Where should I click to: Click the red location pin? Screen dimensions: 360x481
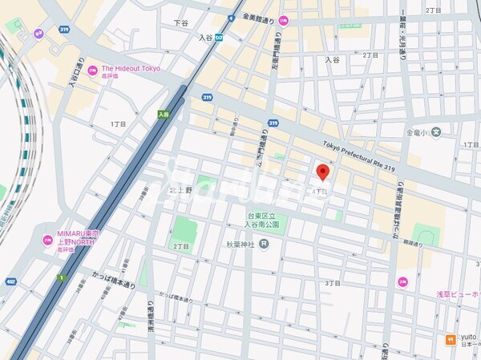(x=323, y=172)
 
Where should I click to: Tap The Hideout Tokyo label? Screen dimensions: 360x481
(x=130, y=69)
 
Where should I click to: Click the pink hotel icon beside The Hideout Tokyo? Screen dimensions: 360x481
(x=92, y=70)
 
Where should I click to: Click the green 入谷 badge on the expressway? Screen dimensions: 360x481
(x=164, y=115)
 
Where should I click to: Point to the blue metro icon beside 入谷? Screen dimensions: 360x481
(x=229, y=37)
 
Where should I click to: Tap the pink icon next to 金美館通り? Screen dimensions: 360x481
(x=283, y=19)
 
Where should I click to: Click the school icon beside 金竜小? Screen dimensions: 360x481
(x=436, y=132)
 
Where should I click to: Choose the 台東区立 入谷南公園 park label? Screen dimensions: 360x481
(x=261, y=221)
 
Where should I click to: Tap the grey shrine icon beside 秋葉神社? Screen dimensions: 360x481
(x=264, y=244)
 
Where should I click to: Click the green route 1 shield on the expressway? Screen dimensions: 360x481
(x=60, y=277)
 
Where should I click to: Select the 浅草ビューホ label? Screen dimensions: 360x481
(x=459, y=295)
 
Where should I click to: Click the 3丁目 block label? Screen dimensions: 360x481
(x=332, y=283)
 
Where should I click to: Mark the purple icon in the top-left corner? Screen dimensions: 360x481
(x=38, y=34)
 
